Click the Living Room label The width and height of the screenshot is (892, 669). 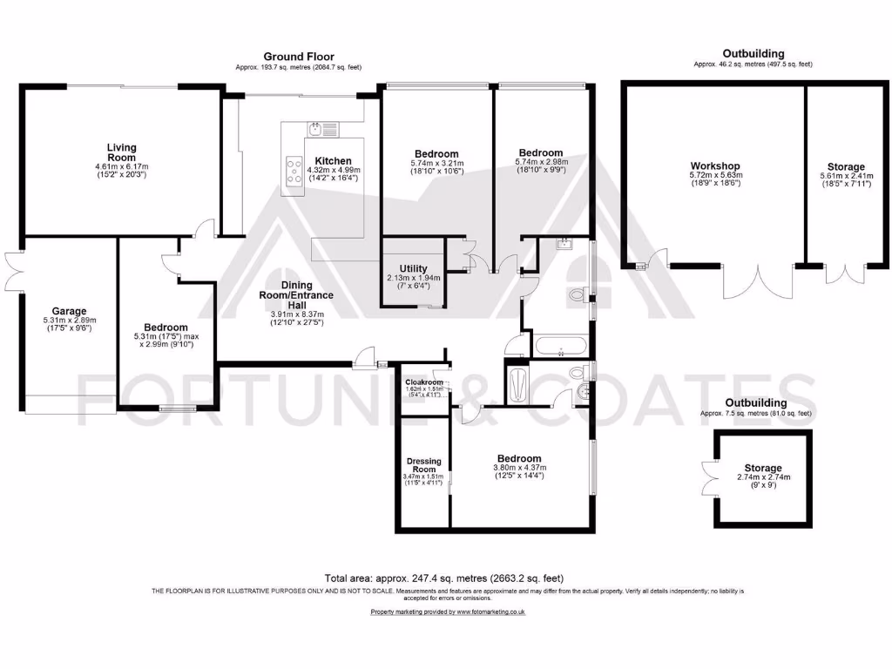[121, 152]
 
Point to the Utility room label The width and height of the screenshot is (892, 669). [412, 268]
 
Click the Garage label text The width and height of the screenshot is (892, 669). [69, 311]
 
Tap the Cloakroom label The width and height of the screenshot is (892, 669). [424, 382]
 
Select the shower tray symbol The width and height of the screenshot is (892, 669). [516, 383]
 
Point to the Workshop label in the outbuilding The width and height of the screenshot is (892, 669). [715, 166]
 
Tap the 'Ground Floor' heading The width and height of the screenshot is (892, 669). [298, 57]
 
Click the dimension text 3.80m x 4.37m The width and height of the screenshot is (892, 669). [519, 468]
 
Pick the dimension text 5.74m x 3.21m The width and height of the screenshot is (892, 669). [436, 163]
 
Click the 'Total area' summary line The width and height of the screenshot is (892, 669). [444, 578]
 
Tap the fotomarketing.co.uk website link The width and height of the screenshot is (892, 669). [448, 612]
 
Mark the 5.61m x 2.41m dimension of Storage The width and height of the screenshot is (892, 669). [846, 175]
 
